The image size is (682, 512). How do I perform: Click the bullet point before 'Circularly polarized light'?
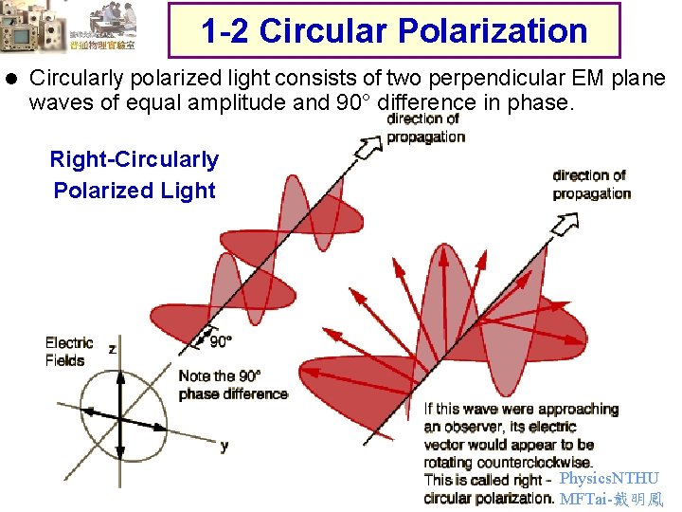click(11, 79)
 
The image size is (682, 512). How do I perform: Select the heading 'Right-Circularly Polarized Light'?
click(134, 175)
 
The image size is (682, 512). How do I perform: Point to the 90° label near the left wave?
click(220, 341)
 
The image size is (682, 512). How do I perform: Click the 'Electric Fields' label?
click(68, 352)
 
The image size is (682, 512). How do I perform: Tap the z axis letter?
click(113, 349)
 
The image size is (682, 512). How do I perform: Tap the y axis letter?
click(224, 445)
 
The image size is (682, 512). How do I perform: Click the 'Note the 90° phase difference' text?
click(232, 385)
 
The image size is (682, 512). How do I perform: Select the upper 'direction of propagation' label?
click(425, 127)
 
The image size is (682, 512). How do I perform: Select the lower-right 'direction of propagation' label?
click(591, 184)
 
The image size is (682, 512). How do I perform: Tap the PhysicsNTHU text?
click(608, 479)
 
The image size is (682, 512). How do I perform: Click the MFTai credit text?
click(611, 499)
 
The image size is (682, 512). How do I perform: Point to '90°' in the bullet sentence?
click(354, 102)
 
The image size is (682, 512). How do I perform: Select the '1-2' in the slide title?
click(225, 31)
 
